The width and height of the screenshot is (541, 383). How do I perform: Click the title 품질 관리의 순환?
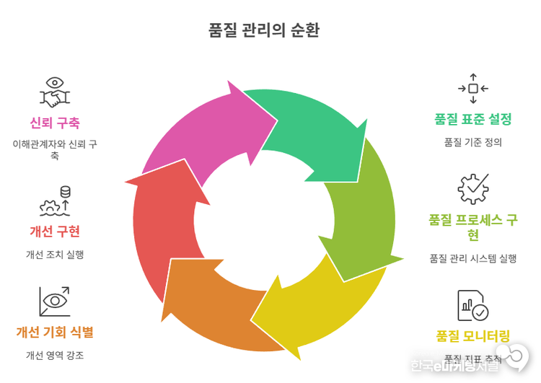pyautogui.click(x=263, y=30)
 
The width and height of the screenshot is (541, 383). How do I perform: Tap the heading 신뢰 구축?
pyautogui.click(x=55, y=123)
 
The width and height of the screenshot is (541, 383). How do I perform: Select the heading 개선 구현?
pyautogui.click(x=55, y=232)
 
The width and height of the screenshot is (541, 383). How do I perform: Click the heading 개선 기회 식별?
pyautogui.click(x=55, y=333)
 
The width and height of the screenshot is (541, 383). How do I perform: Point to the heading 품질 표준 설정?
pyautogui.click(x=473, y=119)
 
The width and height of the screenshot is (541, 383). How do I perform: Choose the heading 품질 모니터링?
pyautogui.click(x=473, y=335)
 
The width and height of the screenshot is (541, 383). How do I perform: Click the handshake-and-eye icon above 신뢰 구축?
pyautogui.click(x=55, y=92)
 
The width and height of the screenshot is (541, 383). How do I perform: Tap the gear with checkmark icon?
pyautogui.click(x=473, y=189)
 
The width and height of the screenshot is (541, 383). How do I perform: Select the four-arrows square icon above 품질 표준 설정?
pyautogui.click(x=473, y=88)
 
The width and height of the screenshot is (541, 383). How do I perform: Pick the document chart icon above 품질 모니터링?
pyautogui.click(x=473, y=304)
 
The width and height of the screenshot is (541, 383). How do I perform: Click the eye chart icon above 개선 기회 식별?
pyautogui.click(x=55, y=301)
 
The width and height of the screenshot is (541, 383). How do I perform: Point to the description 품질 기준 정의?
pyautogui.click(x=473, y=142)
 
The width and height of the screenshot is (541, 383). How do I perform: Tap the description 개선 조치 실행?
pyautogui.click(x=55, y=254)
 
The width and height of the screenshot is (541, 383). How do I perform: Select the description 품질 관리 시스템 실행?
pyautogui.click(x=473, y=258)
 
